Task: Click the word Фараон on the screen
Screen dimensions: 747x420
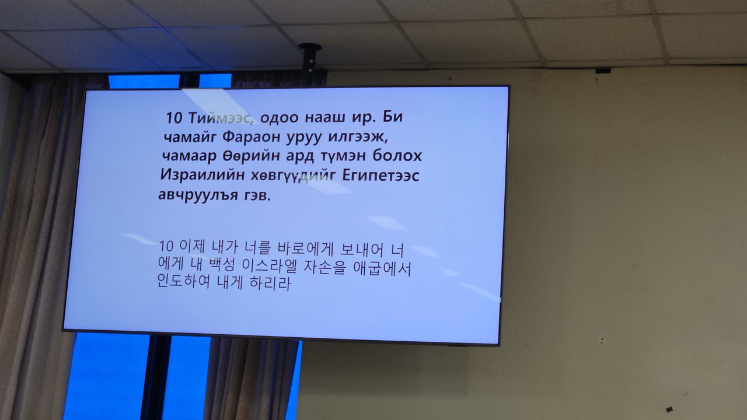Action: click(x=251, y=136)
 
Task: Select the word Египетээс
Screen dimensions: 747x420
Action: click(x=381, y=176)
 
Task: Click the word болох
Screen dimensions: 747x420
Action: click(x=397, y=156)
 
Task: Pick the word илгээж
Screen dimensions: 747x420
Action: click(x=358, y=137)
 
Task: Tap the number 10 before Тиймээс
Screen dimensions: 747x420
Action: click(x=174, y=118)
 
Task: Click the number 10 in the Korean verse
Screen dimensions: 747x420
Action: click(x=166, y=246)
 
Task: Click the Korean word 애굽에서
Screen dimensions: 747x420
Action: click(x=382, y=268)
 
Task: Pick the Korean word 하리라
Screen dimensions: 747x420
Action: click(x=270, y=283)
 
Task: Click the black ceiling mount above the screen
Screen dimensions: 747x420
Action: click(x=310, y=60)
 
